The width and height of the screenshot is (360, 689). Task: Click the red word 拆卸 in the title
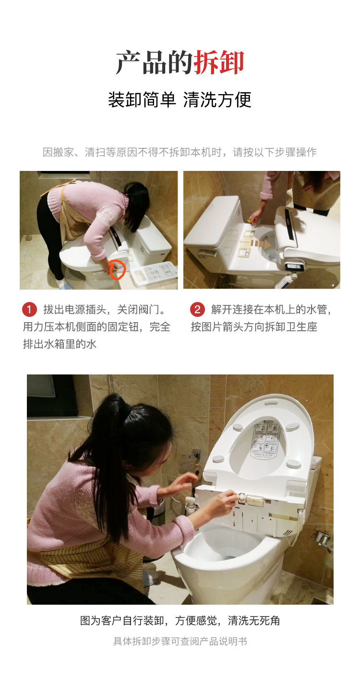[x=218, y=62]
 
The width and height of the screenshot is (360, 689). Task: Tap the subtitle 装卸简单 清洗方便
[x=180, y=100]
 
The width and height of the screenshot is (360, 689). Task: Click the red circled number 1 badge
[x=29, y=309]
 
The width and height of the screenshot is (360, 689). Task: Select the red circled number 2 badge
[x=197, y=309]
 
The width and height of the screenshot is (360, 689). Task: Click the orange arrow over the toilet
[x=261, y=244]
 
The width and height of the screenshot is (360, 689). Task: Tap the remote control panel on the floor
[x=154, y=274]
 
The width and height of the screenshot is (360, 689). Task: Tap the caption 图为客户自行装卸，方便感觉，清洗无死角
[x=180, y=621]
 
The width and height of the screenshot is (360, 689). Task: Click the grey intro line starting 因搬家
[x=180, y=152]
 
